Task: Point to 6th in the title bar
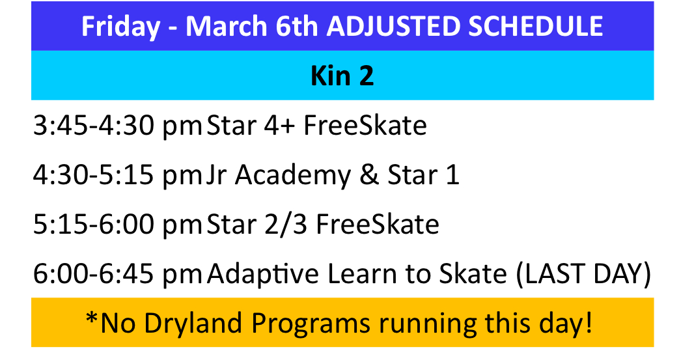pyautogui.click(x=297, y=26)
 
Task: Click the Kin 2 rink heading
pyautogui.click(x=342, y=76)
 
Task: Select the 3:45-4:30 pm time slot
pyautogui.click(x=118, y=126)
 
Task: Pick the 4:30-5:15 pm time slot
pyautogui.click(x=118, y=176)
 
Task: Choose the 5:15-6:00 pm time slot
pyautogui.click(x=118, y=225)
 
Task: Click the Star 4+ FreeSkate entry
pyautogui.click(x=316, y=126)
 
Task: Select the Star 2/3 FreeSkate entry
pyautogui.click(x=323, y=225)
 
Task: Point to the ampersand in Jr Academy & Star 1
pyautogui.click(x=369, y=175)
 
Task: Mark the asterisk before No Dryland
pyautogui.click(x=92, y=318)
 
